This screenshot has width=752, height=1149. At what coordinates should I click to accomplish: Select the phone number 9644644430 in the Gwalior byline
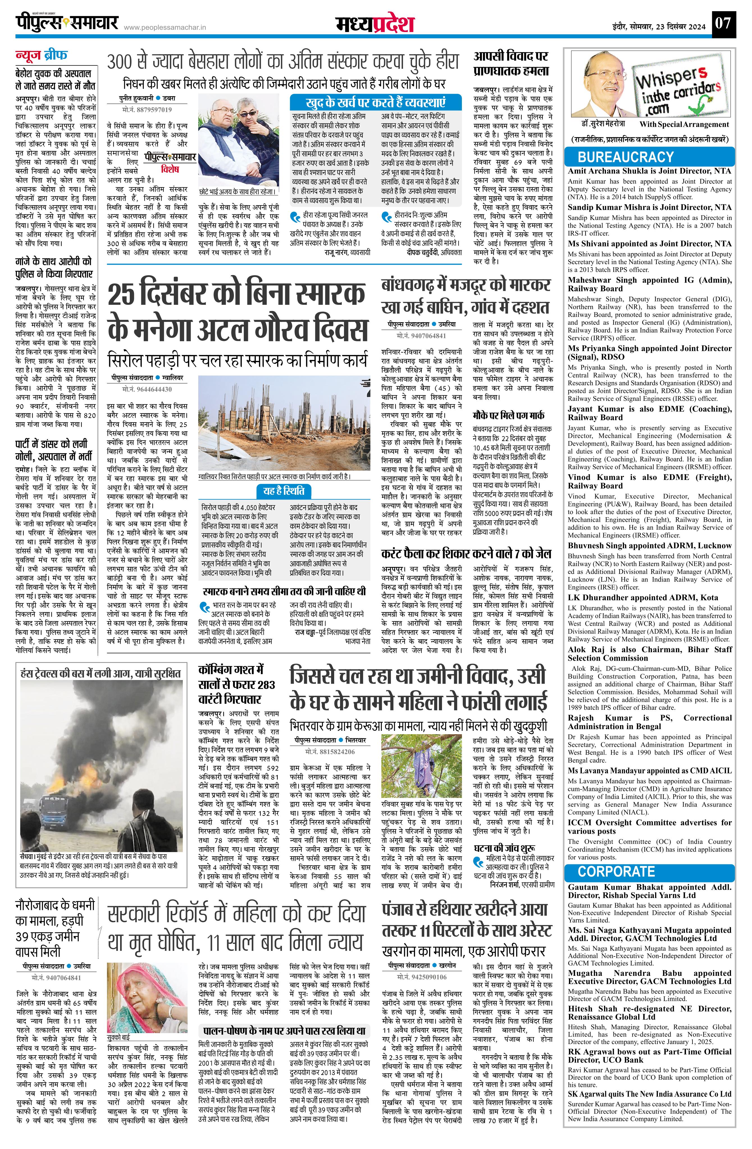(x=147, y=389)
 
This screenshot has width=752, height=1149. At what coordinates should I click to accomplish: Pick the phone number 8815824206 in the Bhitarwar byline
(x=329, y=752)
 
